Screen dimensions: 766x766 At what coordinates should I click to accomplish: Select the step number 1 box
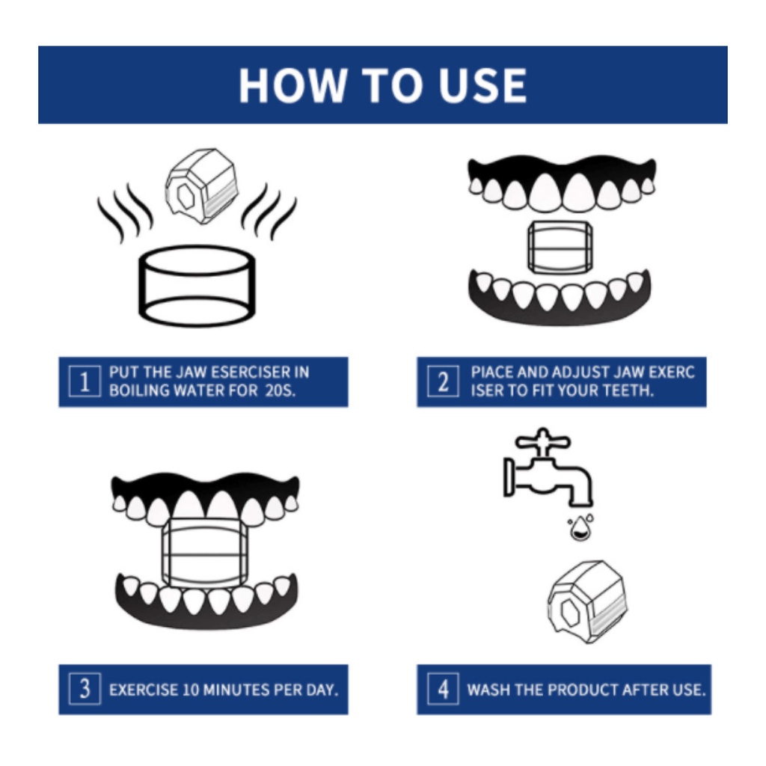tap(85, 381)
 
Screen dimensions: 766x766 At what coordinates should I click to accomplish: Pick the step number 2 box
tap(443, 381)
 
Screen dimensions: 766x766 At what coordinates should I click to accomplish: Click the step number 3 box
tap(85, 689)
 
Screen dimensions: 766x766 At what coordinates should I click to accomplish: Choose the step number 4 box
tap(443, 689)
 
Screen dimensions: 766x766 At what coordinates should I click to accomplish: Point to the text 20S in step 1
tap(280, 390)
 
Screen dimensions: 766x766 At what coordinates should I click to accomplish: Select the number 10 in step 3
tap(190, 690)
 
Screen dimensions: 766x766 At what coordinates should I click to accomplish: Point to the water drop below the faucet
tap(580, 527)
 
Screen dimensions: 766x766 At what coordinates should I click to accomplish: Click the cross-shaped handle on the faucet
tap(543, 441)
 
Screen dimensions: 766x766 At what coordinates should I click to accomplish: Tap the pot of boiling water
tap(197, 287)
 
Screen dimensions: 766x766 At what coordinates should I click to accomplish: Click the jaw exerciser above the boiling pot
tap(202, 186)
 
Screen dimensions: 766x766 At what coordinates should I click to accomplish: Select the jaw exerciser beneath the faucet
tap(587, 601)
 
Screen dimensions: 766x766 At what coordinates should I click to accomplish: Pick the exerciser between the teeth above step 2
tap(560, 247)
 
